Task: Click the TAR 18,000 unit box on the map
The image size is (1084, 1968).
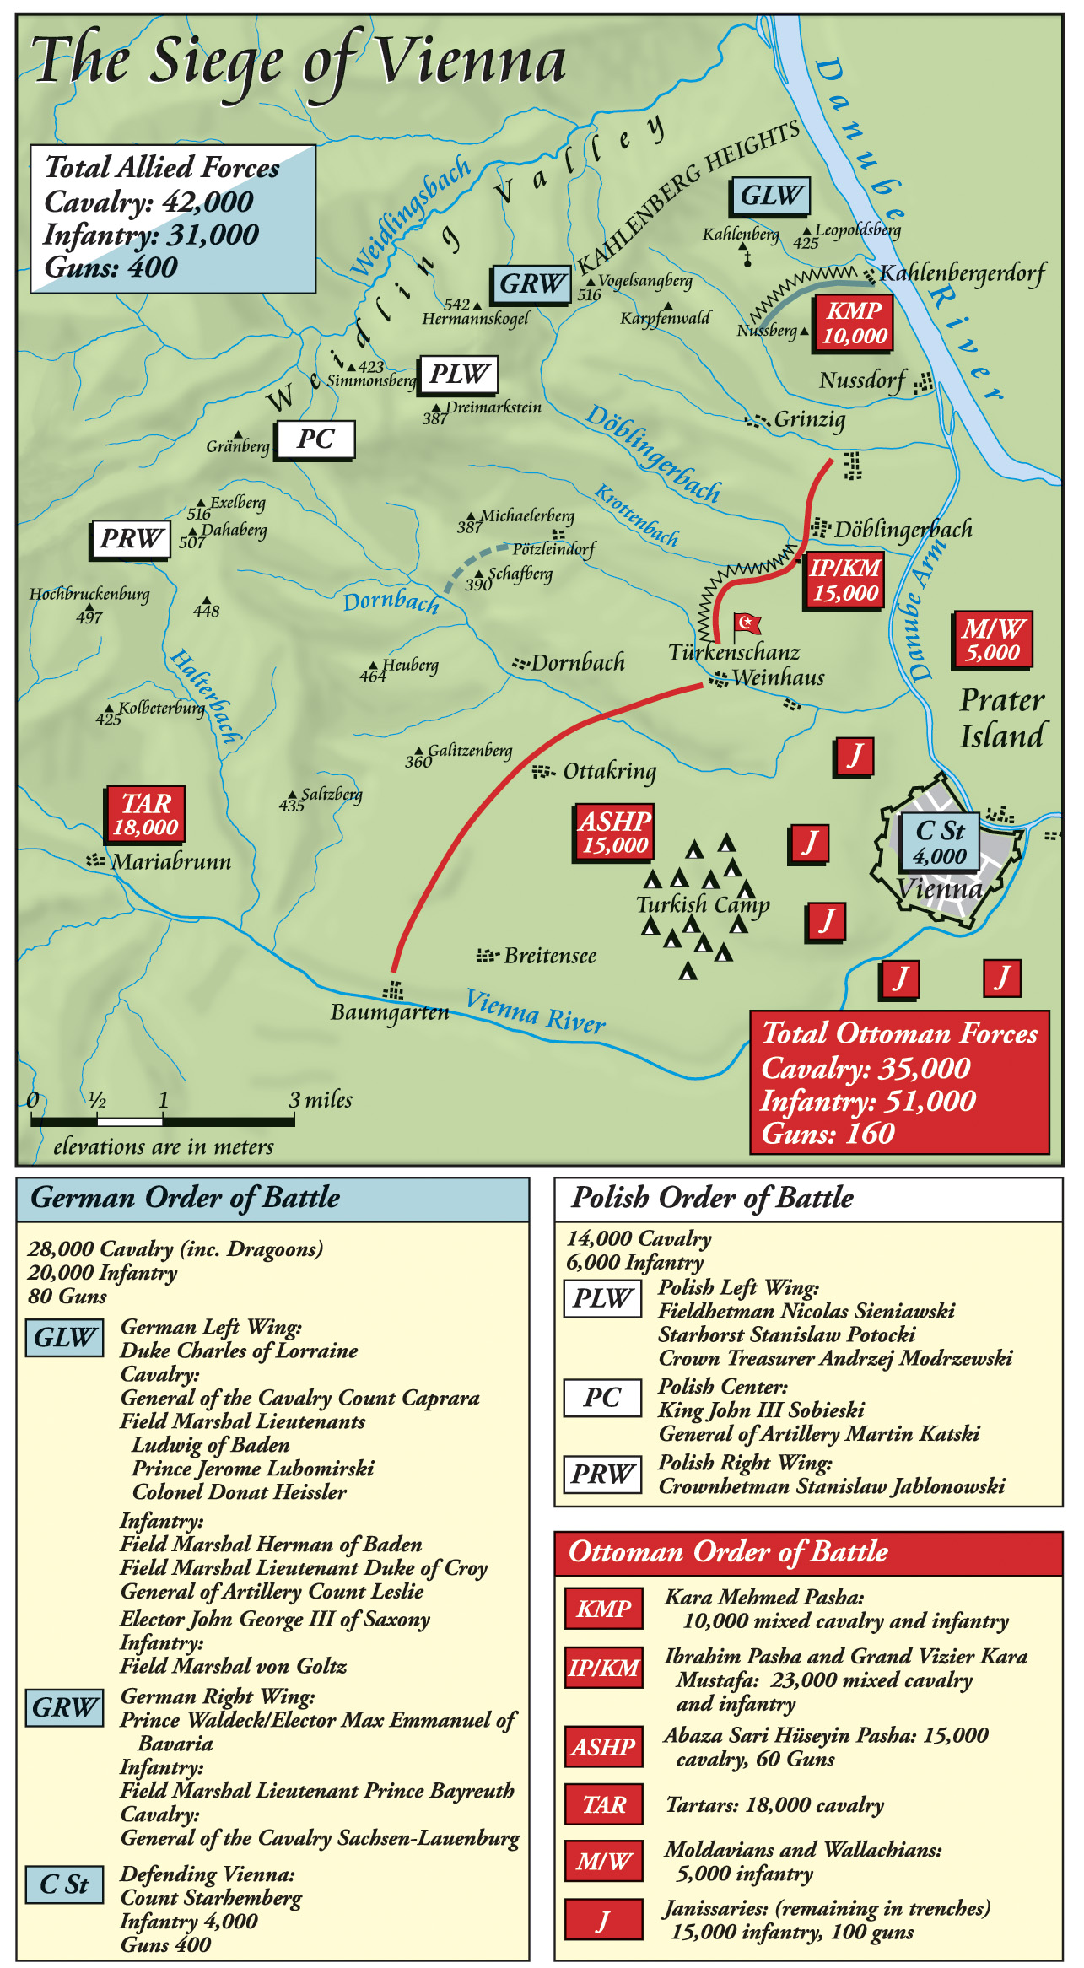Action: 145,814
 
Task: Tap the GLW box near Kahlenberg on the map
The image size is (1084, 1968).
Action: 769,196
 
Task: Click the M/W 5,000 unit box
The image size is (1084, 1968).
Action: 993,640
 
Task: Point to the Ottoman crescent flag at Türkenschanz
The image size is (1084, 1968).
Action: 747,623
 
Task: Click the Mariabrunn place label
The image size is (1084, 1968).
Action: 171,861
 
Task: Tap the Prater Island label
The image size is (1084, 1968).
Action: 1002,718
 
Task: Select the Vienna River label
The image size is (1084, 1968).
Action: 536,1010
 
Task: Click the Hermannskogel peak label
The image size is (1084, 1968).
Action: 476,319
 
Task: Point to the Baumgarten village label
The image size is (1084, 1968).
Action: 390,1011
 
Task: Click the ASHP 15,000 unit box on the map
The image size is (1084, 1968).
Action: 615,832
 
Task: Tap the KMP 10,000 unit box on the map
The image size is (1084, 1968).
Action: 854,323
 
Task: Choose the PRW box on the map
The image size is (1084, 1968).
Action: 131,539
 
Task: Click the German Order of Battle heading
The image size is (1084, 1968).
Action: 186,1198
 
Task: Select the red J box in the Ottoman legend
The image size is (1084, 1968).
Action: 603,1921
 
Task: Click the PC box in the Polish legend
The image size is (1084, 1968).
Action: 602,1398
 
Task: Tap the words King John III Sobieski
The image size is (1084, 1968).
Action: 761,1410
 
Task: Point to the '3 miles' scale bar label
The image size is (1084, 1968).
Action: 321,1100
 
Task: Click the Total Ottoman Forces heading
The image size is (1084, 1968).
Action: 899,1034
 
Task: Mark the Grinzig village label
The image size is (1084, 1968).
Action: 809,419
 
